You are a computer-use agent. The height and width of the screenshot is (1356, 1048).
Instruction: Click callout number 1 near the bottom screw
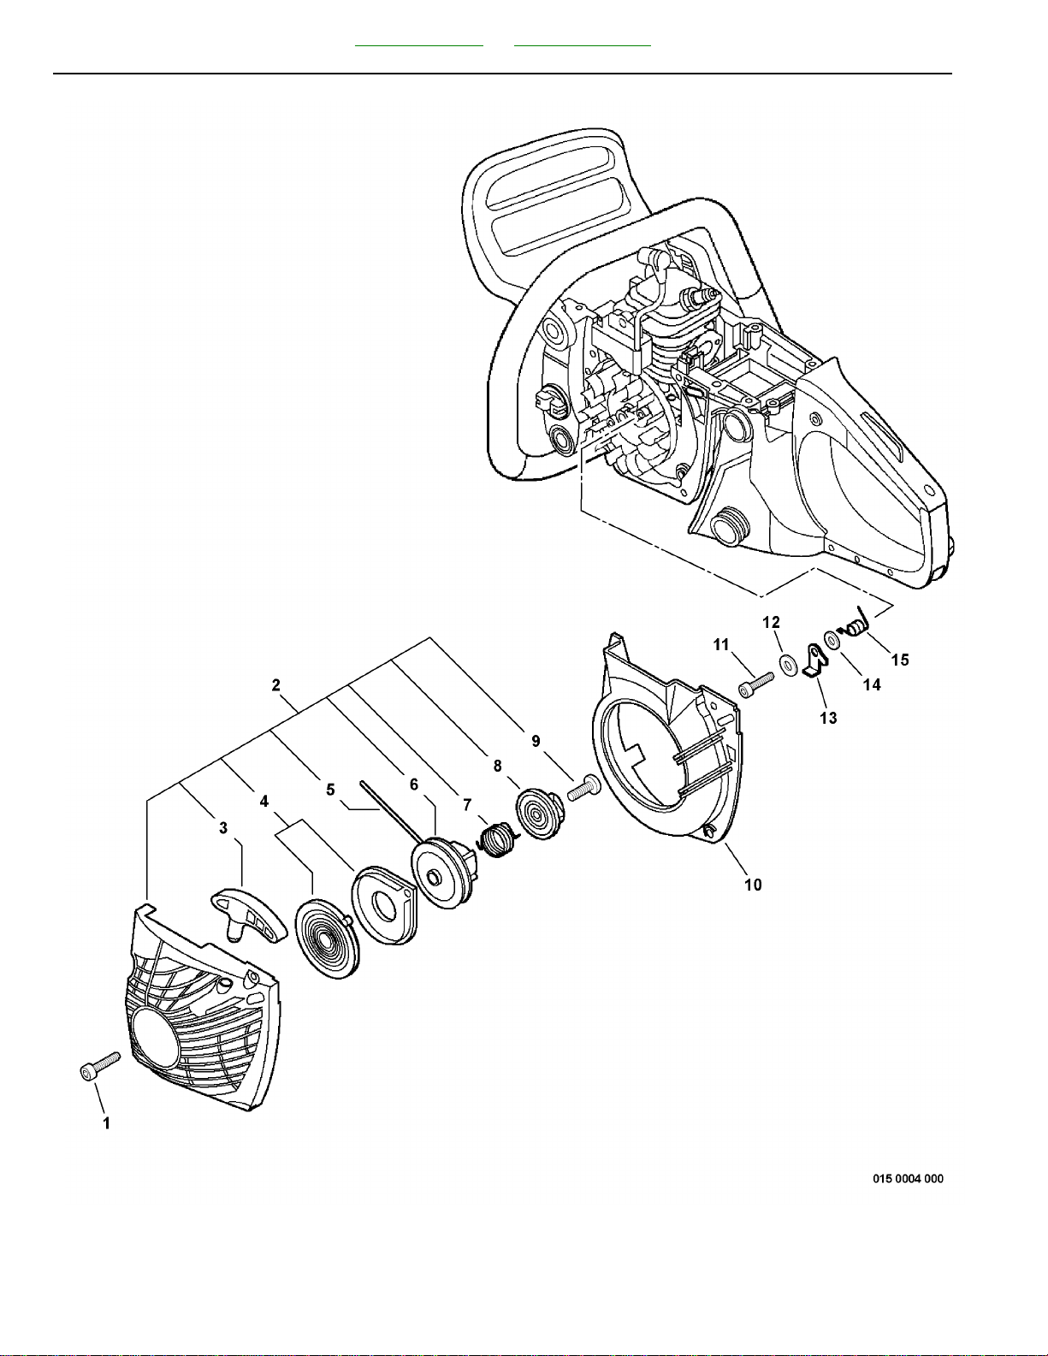pyautogui.click(x=106, y=1123)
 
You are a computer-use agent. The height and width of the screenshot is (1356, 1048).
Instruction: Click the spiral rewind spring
pyautogui.click(x=325, y=941)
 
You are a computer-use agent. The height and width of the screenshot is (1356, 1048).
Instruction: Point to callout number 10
pyautogui.click(x=753, y=885)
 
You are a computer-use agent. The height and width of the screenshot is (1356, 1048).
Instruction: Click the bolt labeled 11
pyautogui.click(x=755, y=684)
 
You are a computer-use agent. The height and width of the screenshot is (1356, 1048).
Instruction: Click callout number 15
pyautogui.click(x=900, y=660)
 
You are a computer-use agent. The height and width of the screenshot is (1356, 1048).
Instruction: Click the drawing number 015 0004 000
pyautogui.click(x=908, y=1178)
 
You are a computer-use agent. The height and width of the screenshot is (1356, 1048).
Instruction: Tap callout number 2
pyautogui.click(x=275, y=684)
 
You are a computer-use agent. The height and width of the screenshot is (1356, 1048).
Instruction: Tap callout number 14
pyautogui.click(x=871, y=684)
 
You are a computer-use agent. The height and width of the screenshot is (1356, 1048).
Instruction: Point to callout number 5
pyautogui.click(x=330, y=790)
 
